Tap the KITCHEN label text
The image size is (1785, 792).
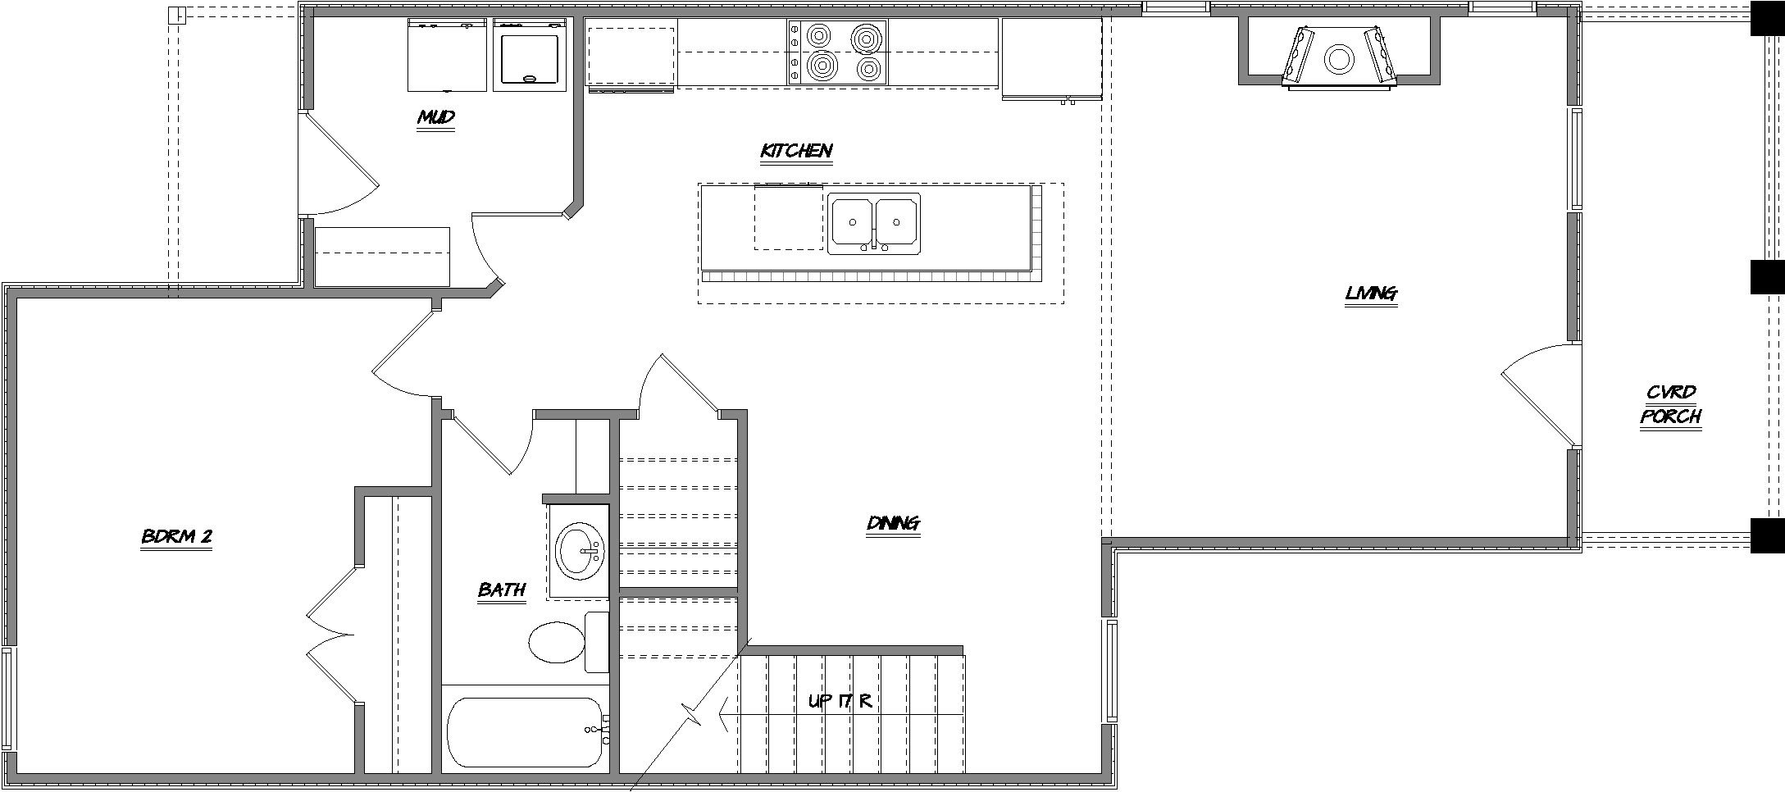coord(796,151)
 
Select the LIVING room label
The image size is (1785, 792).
coord(1371,294)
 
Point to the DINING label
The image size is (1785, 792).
coord(893,523)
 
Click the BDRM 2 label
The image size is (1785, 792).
coord(177,537)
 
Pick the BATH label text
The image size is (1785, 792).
coord(501,590)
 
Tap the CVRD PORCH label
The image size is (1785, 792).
coord(1670,405)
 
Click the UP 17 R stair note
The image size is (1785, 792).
coord(839,702)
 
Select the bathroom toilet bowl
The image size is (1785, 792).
coord(554,642)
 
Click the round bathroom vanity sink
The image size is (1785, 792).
coord(580,551)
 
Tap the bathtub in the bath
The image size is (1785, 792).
coord(526,732)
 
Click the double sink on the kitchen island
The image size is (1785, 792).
coord(873,223)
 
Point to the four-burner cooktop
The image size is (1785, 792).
coord(838,52)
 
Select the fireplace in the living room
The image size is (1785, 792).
coord(1338,57)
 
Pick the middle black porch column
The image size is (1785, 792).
coord(1767,277)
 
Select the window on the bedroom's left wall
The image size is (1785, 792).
coord(7,698)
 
